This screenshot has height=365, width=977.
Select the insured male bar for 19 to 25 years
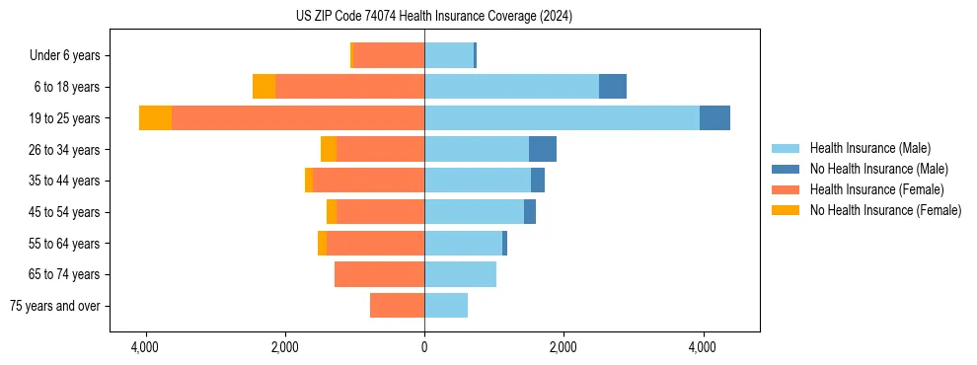click(562, 118)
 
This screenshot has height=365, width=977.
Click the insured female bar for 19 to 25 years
click(298, 118)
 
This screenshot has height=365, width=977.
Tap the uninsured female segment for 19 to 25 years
click(155, 118)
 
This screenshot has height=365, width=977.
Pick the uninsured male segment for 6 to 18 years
click(612, 87)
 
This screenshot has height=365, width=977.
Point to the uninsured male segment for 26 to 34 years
click(542, 149)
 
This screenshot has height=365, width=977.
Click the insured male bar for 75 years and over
click(446, 306)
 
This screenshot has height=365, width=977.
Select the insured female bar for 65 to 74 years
click(379, 274)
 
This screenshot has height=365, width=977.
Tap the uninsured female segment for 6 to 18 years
click(263, 87)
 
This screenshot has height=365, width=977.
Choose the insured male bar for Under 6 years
click(449, 55)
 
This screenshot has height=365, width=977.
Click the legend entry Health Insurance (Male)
click(869, 148)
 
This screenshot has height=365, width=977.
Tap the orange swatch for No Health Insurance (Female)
click(786, 210)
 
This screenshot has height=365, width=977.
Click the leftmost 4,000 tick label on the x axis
click(145, 347)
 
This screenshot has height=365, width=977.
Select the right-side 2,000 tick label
click(564, 347)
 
